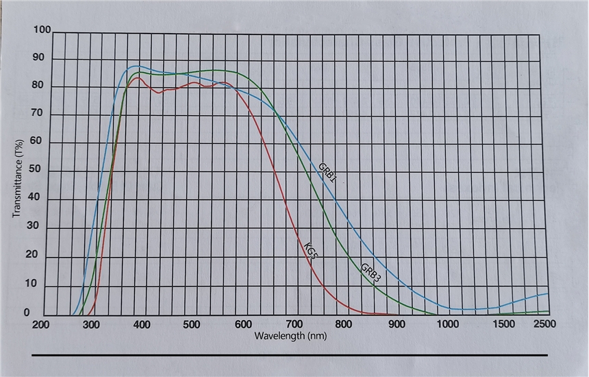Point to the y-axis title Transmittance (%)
click(x=18, y=177)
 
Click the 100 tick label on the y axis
click(x=42, y=30)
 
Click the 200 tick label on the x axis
click(x=40, y=325)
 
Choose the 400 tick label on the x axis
click(x=142, y=324)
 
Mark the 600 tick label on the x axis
click(x=243, y=324)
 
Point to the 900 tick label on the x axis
click(x=397, y=324)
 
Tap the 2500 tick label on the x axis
click(x=546, y=324)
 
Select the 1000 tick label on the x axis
click(x=448, y=324)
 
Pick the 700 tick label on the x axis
click(x=294, y=324)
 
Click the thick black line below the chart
click(x=290, y=355)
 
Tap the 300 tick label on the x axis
click(x=91, y=324)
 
